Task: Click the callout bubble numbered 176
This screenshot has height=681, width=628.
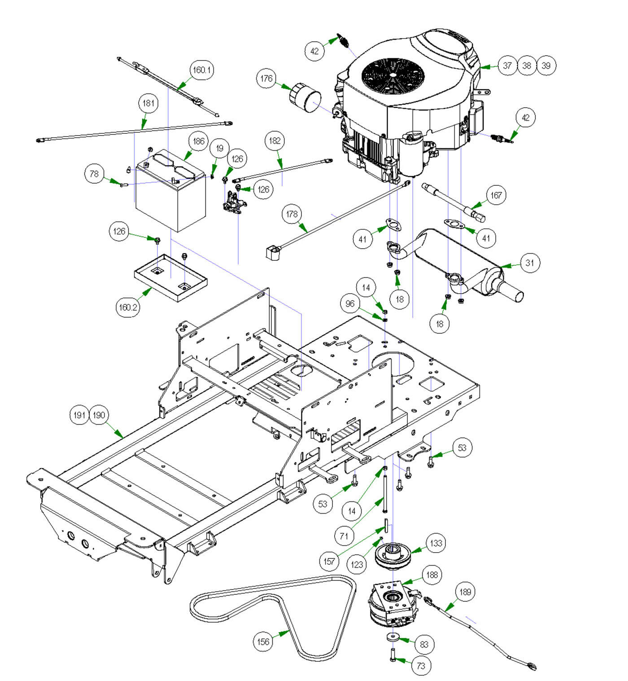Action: [x=266, y=79]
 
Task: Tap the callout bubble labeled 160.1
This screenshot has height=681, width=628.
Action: [x=202, y=70]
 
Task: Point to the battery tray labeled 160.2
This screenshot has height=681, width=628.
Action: [x=170, y=278]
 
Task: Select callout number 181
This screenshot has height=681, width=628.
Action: [x=148, y=103]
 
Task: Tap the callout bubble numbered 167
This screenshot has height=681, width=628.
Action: [x=496, y=195]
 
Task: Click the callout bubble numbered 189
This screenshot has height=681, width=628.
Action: [x=465, y=592]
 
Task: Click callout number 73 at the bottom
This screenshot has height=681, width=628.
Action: [x=421, y=665]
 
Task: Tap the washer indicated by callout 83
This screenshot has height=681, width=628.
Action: [x=393, y=637]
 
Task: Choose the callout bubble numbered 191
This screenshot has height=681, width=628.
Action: [x=79, y=415]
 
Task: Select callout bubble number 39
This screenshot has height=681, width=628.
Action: [x=546, y=66]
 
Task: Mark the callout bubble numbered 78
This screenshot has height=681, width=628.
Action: [x=94, y=174]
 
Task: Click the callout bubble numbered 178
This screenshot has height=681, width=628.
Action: [x=292, y=214]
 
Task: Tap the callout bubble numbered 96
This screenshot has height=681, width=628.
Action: [x=350, y=304]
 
